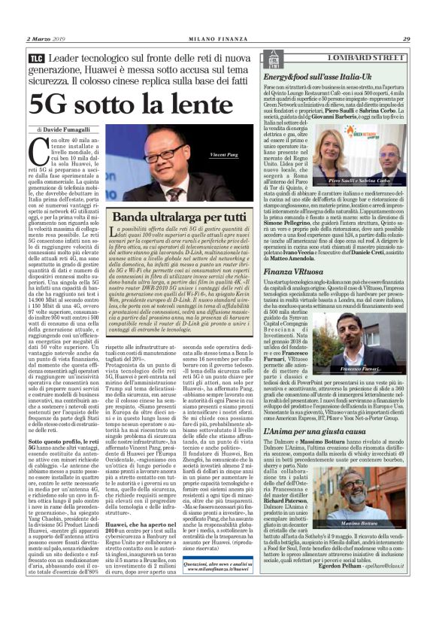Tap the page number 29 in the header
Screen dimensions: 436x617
point(406,38)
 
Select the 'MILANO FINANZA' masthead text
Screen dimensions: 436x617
point(217,38)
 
